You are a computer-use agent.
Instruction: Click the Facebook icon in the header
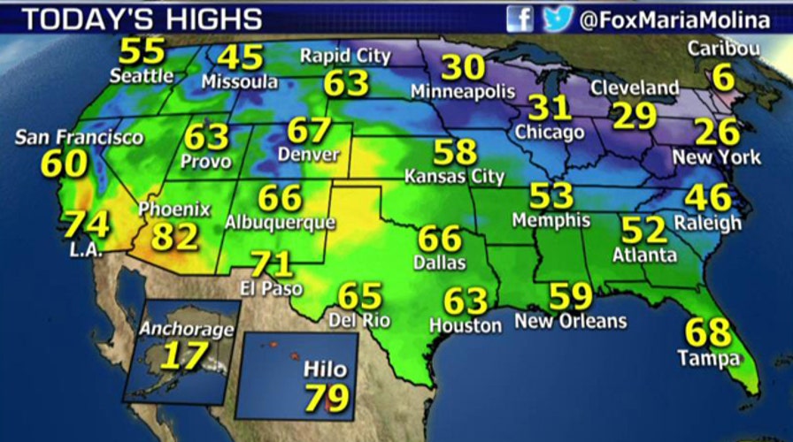point(520,19)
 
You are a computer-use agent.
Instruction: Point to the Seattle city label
point(142,76)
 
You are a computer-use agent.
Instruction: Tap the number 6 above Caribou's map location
point(723,78)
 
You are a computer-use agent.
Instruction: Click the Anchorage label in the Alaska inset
point(187,330)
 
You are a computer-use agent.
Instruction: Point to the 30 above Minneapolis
point(463,67)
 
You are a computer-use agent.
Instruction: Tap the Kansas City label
point(454,176)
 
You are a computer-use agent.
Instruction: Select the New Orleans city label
point(570,321)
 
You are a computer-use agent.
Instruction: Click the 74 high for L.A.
point(85,224)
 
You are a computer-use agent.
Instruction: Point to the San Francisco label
point(80,138)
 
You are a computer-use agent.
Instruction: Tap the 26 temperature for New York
point(716,133)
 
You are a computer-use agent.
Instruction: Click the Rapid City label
point(345,56)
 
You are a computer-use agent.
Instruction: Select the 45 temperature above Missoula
point(240,57)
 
